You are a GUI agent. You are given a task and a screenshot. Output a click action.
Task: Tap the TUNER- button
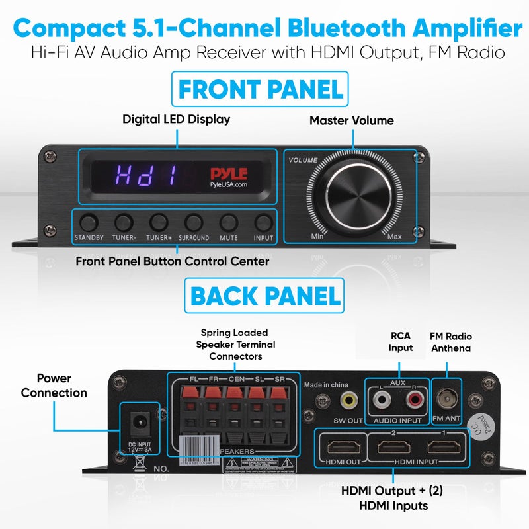pyautogui.click(x=124, y=222)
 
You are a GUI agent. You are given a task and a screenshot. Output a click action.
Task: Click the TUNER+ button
pyautogui.click(x=159, y=222)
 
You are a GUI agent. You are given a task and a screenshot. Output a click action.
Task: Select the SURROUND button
pyautogui.click(x=194, y=222)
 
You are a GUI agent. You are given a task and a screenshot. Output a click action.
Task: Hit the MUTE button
pyautogui.click(x=229, y=222)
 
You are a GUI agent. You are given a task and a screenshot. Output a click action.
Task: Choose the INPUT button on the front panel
pyautogui.click(x=263, y=222)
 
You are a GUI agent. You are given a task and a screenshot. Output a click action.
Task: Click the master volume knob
pyautogui.click(x=352, y=197)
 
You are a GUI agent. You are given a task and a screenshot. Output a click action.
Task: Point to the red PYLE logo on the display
pyautogui.click(x=229, y=173)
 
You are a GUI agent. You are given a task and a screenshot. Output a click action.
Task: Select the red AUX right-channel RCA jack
pyautogui.click(x=415, y=399)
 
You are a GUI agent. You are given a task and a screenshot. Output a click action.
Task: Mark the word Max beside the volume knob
pyautogui.click(x=395, y=236)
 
